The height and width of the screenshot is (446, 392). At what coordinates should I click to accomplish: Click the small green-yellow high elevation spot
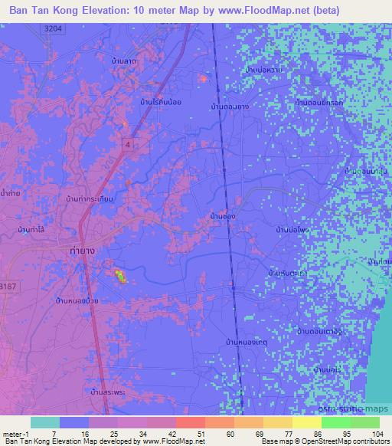pyautogui.click(x=119, y=274)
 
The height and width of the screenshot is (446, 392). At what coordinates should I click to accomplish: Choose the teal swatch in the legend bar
pyautogui.click(x=45, y=422)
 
